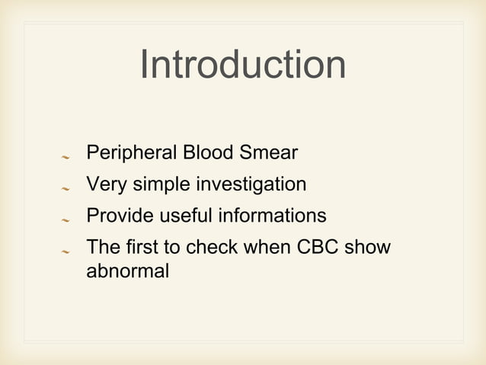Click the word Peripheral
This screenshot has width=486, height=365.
pos(131,154)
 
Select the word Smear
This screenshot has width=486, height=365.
pos(269,154)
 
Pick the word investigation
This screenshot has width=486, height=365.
pos(251,185)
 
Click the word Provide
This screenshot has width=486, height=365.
pos(120,216)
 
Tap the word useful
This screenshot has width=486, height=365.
pos(186,216)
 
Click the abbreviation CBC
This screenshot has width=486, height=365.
pos(316,248)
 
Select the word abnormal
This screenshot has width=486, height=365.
pos(127,271)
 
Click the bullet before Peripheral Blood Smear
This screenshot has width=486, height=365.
pos(66,157)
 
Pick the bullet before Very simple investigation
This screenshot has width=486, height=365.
pos(66,188)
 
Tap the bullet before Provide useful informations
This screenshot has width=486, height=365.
pos(66,219)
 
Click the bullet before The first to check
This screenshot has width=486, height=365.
pos(66,251)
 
